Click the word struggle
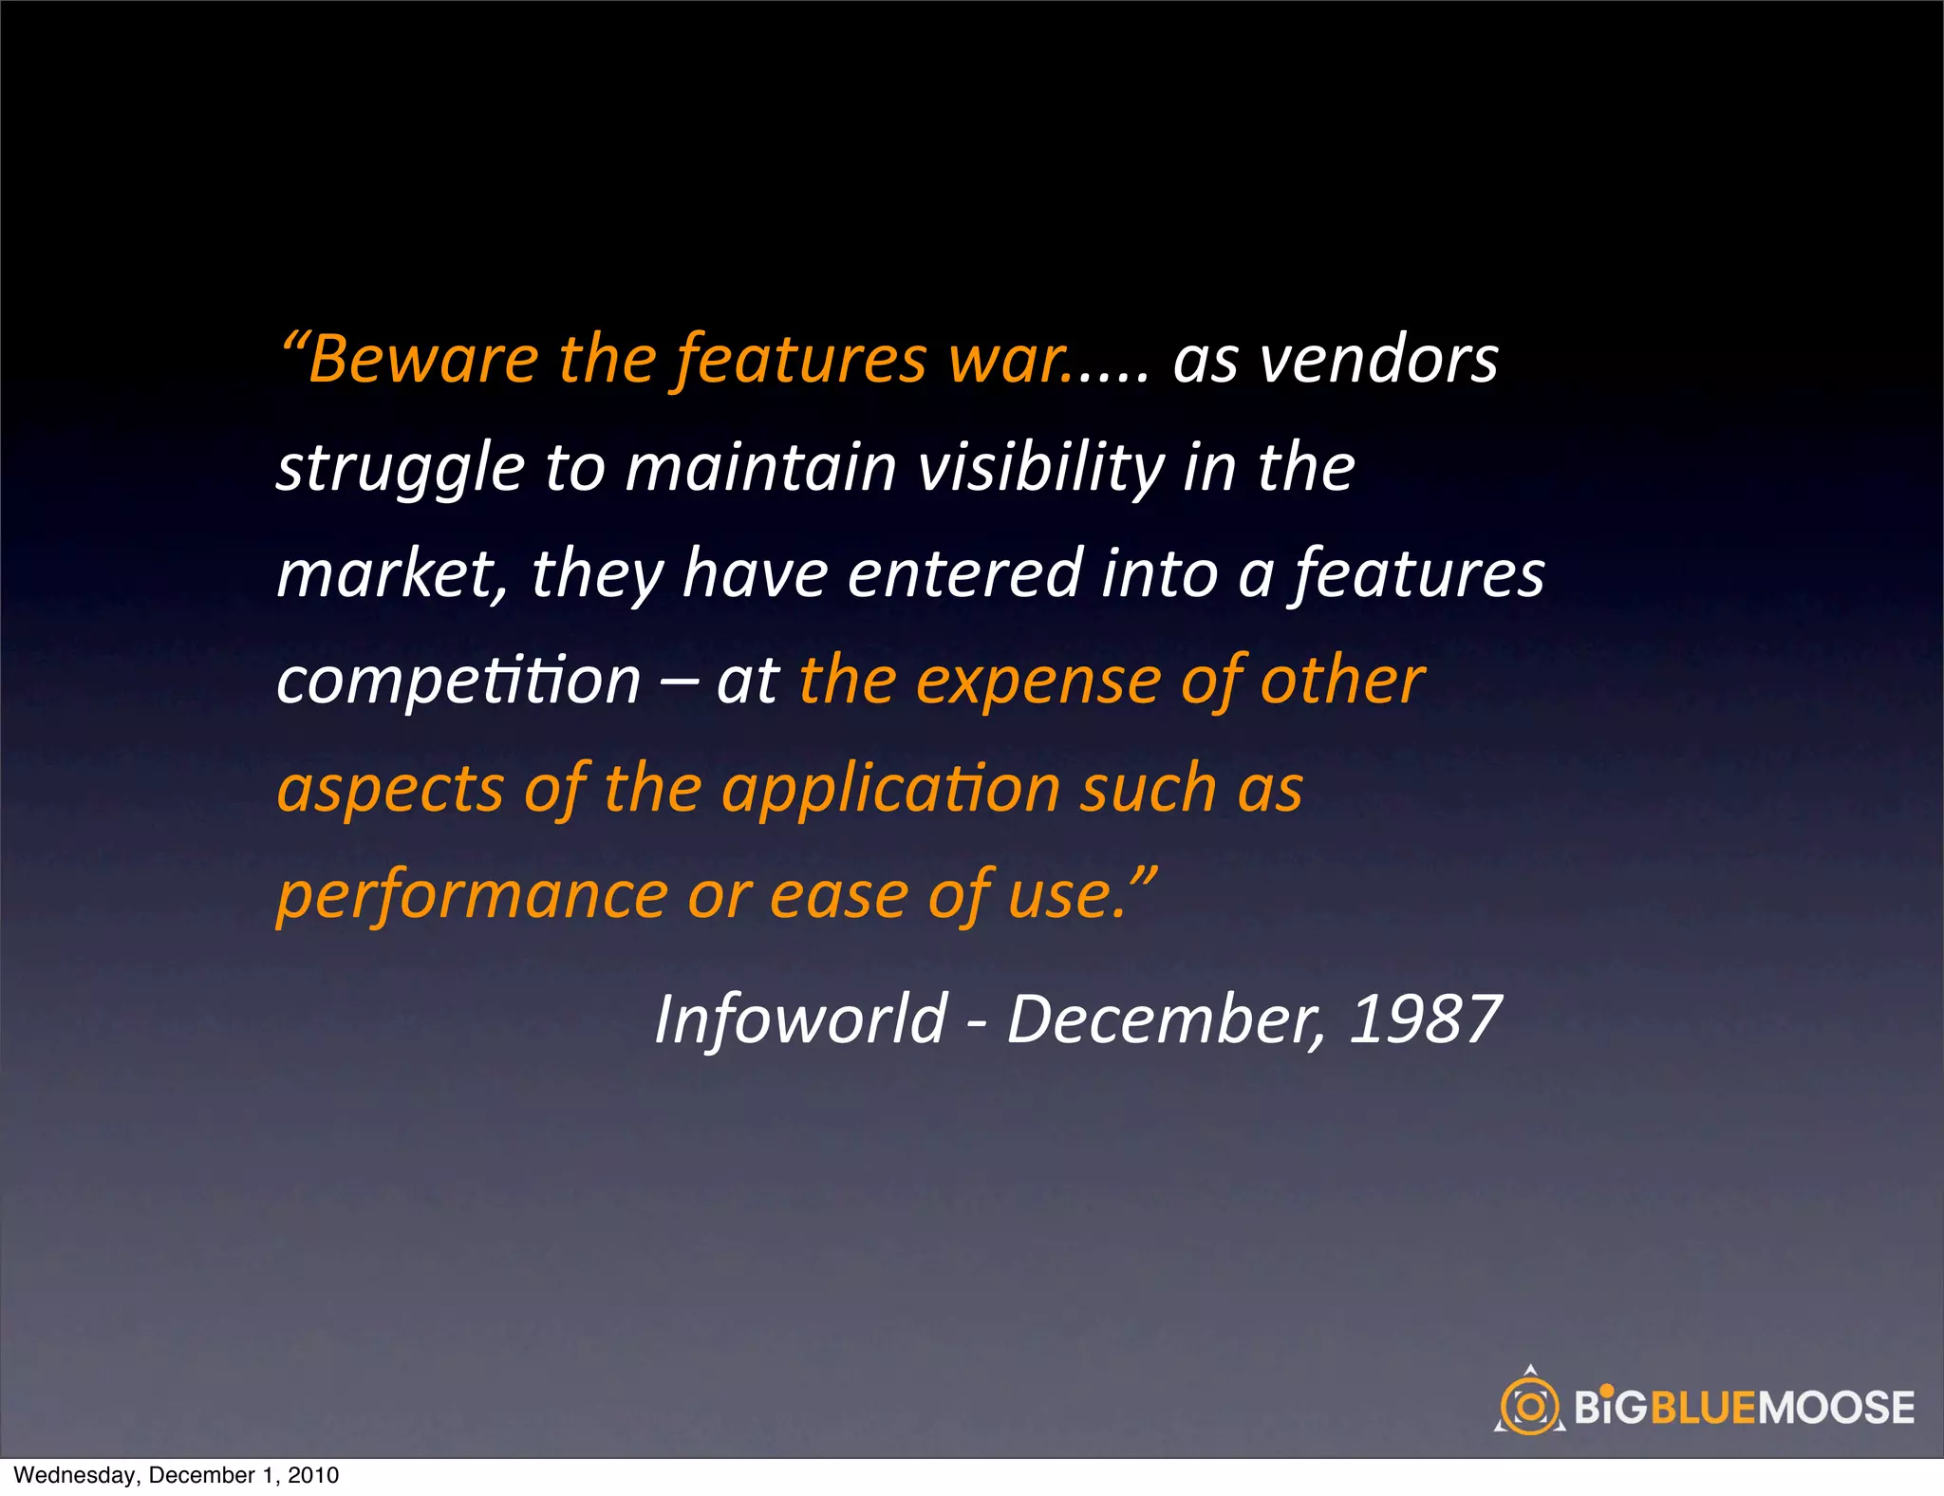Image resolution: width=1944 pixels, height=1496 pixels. tap(400, 469)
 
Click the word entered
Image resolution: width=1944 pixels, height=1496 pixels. tap(964, 575)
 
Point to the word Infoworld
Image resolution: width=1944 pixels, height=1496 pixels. tap(801, 1019)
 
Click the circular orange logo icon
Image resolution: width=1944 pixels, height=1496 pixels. tap(1529, 1406)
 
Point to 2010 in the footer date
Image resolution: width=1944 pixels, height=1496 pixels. tap(313, 1475)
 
